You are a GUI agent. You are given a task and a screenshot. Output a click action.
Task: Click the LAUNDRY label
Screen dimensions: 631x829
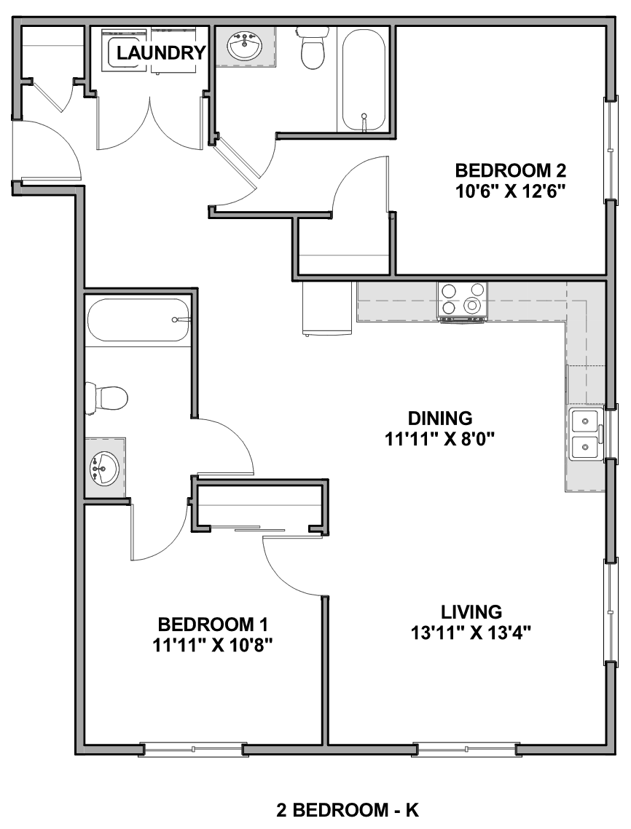tap(161, 53)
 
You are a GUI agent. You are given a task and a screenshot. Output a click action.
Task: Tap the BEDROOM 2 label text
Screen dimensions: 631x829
tap(510, 171)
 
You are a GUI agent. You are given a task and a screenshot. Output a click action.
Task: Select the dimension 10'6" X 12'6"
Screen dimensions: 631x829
tap(510, 191)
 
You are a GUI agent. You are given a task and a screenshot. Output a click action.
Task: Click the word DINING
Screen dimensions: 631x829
tap(440, 419)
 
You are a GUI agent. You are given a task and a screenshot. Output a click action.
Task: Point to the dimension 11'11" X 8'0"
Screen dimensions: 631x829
tap(439, 438)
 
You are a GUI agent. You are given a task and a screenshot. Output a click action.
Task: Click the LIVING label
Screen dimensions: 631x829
tap(471, 611)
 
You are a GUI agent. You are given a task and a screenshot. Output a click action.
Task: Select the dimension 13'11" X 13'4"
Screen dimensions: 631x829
tap(471, 632)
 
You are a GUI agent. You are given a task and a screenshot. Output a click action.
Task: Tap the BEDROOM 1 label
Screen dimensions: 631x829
tap(213, 624)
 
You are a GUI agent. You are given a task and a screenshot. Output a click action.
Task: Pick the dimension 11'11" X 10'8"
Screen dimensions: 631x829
tap(213, 644)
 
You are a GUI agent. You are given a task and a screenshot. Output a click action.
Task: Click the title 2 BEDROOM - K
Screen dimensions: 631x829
tap(348, 809)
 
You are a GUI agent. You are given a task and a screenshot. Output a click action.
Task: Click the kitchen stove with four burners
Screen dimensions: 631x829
tap(462, 301)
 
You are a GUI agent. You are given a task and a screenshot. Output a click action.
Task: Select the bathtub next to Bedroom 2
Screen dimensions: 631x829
tap(364, 79)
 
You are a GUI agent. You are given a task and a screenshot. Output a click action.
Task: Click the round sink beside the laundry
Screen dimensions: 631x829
tap(245, 47)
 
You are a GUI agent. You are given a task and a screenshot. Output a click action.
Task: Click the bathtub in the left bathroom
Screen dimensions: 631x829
tap(138, 321)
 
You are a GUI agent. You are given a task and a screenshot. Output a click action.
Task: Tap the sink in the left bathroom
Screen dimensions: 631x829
tap(103, 467)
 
